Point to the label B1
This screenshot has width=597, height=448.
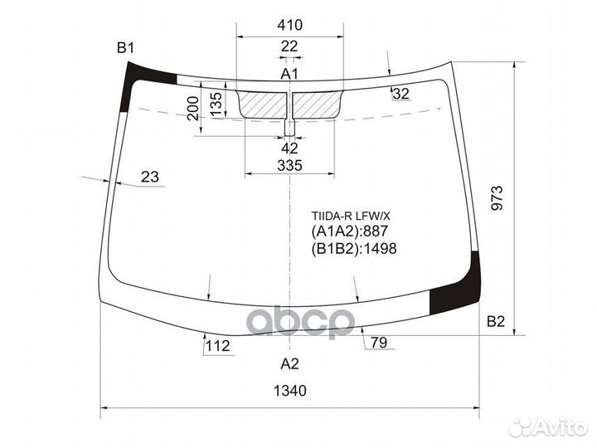tap(125, 48)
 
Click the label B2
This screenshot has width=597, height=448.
tap(496, 322)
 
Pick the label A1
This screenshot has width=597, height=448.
tap(289, 75)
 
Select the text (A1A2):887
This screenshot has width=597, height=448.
tap(350, 231)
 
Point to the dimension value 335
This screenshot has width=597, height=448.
tap(289, 166)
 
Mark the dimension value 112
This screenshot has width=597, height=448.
tap(217, 346)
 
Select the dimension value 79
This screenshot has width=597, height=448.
tap(379, 342)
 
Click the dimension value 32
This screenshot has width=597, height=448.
tap(401, 94)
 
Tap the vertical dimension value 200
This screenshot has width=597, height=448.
tap(192, 108)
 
